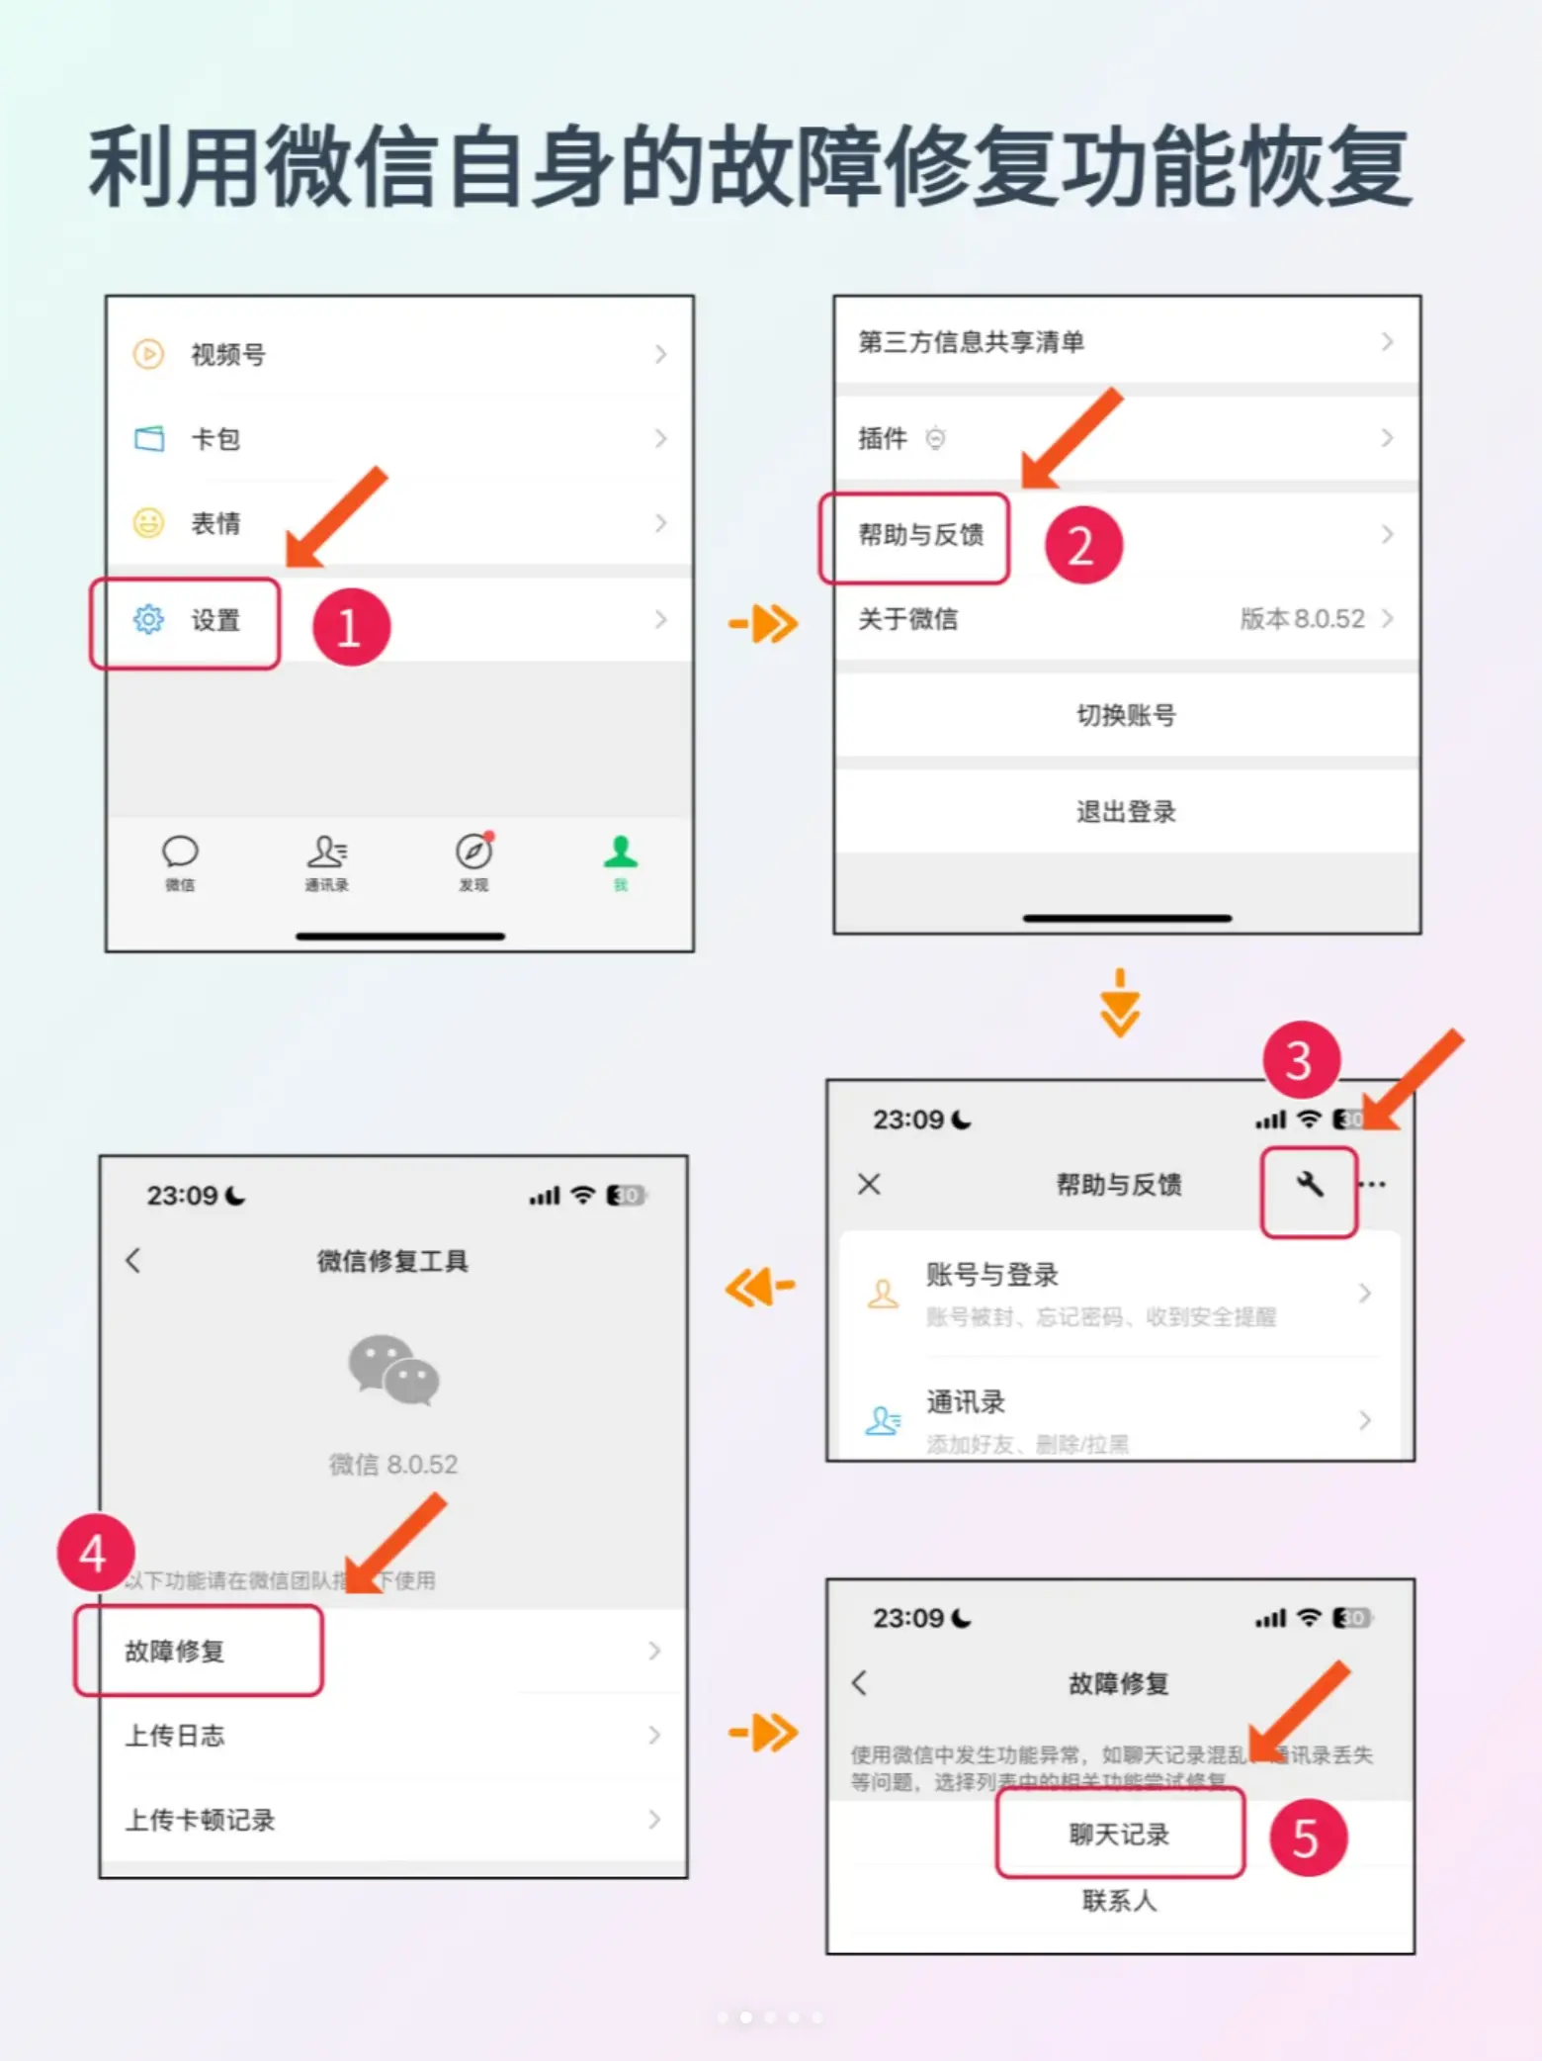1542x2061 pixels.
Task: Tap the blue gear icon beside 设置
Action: pos(148,620)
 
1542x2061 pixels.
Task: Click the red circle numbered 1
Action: pos(351,627)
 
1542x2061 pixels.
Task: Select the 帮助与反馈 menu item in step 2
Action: pos(920,536)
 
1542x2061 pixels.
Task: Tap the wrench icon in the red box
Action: pos(1309,1185)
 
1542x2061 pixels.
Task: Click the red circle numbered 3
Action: pos(1301,1061)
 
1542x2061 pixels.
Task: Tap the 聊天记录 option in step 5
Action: pos(1119,1835)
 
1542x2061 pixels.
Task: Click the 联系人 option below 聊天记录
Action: pos(1119,1900)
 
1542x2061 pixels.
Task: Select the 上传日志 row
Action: pos(176,1736)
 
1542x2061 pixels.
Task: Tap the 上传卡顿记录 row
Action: pos(201,1820)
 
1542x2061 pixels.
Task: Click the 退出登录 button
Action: pos(1126,812)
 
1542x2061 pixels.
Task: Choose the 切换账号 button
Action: pos(1126,715)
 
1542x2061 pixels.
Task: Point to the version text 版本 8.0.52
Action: pos(1302,619)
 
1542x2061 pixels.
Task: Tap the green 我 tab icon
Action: pos(621,852)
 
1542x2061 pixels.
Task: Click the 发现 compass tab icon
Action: pos(473,852)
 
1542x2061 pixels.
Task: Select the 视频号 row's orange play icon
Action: pos(148,354)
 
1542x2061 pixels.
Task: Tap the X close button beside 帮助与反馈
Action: pos(869,1184)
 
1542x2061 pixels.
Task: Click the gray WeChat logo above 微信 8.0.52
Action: pos(393,1370)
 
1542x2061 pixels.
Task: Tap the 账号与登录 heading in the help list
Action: pos(991,1275)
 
